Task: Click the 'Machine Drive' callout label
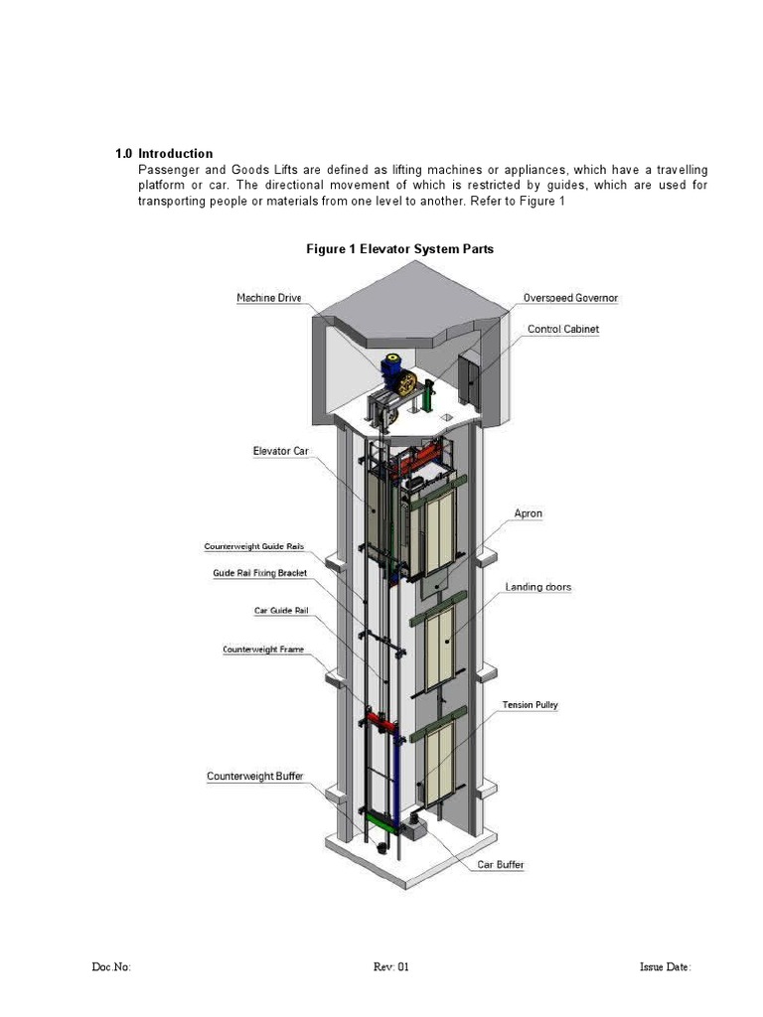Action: coord(268,298)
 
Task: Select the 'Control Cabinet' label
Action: coord(563,329)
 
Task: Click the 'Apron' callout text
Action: coord(528,513)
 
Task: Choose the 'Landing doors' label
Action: coord(537,587)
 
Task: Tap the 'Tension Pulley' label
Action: coord(530,705)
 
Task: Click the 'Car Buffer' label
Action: coord(501,865)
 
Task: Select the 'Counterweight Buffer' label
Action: coord(255,776)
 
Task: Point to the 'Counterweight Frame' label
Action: coord(263,650)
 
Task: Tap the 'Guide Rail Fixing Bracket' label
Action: coord(259,573)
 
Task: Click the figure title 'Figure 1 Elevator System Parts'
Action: coord(399,249)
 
